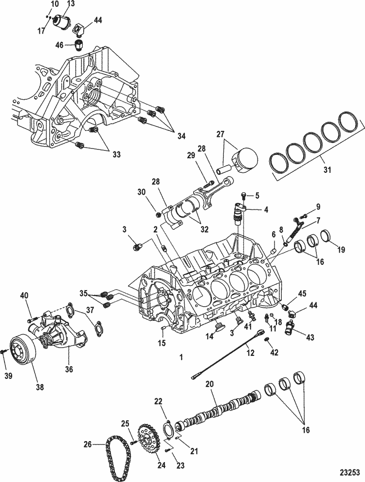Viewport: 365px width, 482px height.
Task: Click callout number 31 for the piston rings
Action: click(327, 169)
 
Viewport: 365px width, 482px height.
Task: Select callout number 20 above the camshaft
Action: click(210, 384)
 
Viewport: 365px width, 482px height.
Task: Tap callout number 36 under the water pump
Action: click(69, 369)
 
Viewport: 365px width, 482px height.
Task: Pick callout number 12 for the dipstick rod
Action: click(251, 352)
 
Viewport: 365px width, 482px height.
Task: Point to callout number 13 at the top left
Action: click(71, 4)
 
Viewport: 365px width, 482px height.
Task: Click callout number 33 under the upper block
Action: click(116, 154)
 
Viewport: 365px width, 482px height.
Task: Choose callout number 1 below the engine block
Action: click(181, 357)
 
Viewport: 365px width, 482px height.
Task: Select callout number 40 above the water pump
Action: click(24, 296)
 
